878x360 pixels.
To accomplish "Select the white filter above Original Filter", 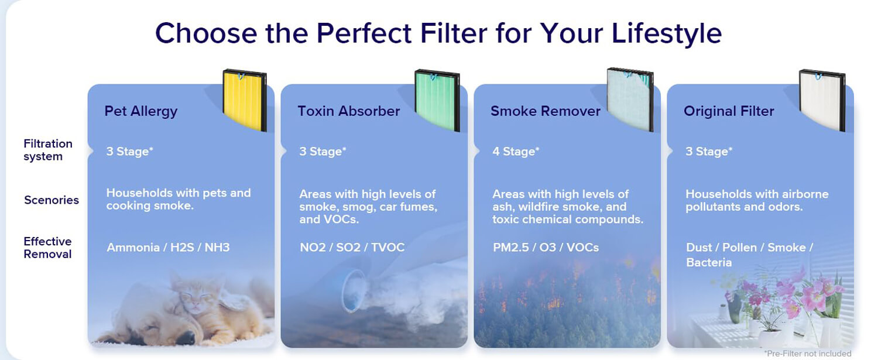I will [x=822, y=100].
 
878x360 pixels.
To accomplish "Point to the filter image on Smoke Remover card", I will [x=630, y=99].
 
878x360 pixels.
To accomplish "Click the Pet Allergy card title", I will [x=140, y=111].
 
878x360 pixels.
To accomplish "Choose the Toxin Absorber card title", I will [x=348, y=111].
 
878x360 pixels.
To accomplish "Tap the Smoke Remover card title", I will [x=545, y=111].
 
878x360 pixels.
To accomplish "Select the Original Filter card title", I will [x=729, y=111].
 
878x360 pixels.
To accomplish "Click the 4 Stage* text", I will [x=516, y=152].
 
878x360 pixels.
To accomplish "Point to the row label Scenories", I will [x=52, y=200].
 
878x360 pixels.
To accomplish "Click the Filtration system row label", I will [x=48, y=150].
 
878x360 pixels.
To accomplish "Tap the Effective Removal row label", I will [x=47, y=248].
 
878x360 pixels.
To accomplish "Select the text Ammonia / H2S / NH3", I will [x=168, y=248].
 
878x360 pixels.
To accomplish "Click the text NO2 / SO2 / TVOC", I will [x=352, y=248].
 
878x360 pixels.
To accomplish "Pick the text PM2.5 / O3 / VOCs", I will [x=546, y=248].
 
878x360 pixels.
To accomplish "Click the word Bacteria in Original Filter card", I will [x=709, y=263].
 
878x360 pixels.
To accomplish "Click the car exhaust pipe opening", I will [x=354, y=291].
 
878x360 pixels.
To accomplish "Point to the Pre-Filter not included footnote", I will [x=807, y=354].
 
